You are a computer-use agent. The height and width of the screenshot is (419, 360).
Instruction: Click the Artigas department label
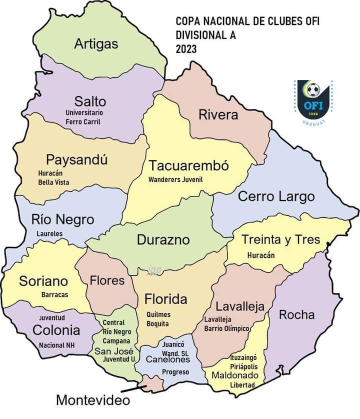tap(96, 44)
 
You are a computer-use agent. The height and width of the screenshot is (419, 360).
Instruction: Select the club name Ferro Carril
tap(83, 121)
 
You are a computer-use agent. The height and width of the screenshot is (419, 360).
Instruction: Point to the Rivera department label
tap(218, 114)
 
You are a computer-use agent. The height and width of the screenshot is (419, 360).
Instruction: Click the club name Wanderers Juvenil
tap(175, 179)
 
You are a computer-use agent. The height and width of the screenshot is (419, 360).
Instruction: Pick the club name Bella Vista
tap(54, 182)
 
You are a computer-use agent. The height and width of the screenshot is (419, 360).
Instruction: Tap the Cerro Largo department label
tap(276, 196)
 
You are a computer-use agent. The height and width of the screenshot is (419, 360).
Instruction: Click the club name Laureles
tap(49, 233)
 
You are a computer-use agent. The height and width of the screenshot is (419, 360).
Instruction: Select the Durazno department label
tap(163, 240)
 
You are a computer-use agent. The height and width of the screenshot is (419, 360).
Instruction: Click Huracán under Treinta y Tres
tap(261, 254)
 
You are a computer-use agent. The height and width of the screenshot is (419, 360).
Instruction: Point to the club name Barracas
tap(54, 294)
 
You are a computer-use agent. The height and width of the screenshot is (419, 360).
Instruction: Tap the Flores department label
tap(107, 280)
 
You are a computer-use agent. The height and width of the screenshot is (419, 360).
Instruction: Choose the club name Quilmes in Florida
tap(158, 314)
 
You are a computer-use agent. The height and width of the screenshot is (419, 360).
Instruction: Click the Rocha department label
tap(296, 314)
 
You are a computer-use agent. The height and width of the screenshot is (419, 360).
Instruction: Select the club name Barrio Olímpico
tap(227, 328)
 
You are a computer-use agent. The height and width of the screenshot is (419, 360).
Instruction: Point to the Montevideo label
tap(92, 400)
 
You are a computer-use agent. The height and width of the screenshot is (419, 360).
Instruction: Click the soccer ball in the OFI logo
tap(313, 90)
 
